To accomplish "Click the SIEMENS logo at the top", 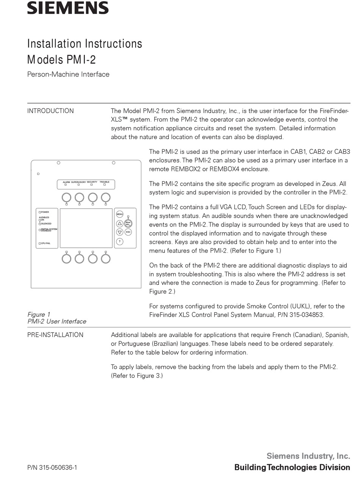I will click(x=68, y=8).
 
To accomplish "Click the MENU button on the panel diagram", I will click(x=119, y=214).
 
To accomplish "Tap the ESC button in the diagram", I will click(x=128, y=232).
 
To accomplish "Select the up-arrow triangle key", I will click(x=119, y=224).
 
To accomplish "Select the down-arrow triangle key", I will click(x=119, y=232).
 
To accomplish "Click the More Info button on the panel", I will click(x=128, y=223).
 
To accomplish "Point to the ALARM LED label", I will click(x=66, y=182).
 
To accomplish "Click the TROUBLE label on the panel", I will click(x=105, y=182).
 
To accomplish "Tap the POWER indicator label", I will click(x=45, y=212).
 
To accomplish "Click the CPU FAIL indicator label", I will click(x=45, y=243).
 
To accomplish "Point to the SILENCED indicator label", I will click(x=46, y=224).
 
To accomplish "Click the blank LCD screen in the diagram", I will click(x=86, y=228).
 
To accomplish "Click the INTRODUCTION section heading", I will click(x=50, y=111).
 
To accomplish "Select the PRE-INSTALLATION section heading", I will click(x=55, y=335).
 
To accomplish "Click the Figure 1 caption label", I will click(x=39, y=314).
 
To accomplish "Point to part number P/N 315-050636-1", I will click(x=52, y=467).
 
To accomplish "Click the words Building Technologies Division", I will click(x=292, y=467).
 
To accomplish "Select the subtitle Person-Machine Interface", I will click(x=68, y=74).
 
